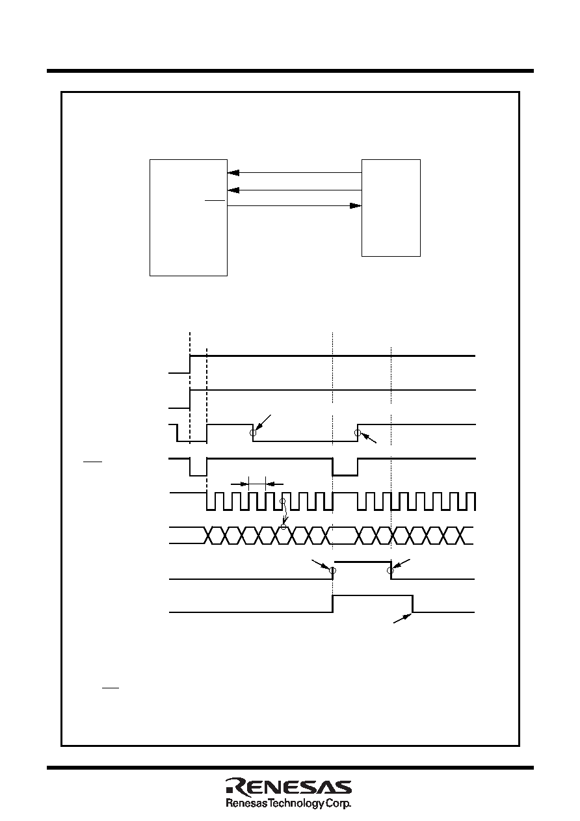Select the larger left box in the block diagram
pyautogui.click(x=189, y=218)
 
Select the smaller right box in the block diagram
pyautogui.click(x=391, y=208)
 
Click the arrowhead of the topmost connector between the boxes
pyautogui.click(x=233, y=173)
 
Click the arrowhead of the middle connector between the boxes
pyautogui.click(x=233, y=190)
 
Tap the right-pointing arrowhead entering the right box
pyautogui.click(x=356, y=206)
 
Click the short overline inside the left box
pyautogui.click(x=215, y=200)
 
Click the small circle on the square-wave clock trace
pyautogui.click(x=282, y=501)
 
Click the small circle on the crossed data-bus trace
pyautogui.click(x=283, y=527)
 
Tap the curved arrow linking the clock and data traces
pyautogui.click(x=285, y=513)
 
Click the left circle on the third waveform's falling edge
pyautogui.click(x=252, y=433)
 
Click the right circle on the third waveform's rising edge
pyautogui.click(x=358, y=433)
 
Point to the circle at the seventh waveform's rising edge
pyautogui.click(x=332, y=571)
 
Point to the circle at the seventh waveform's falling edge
pyautogui.click(x=390, y=571)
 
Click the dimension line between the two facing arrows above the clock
pyautogui.click(x=257, y=484)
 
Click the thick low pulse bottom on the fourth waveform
pyautogui.click(x=345, y=475)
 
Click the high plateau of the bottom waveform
pyautogui.click(x=373, y=595)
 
